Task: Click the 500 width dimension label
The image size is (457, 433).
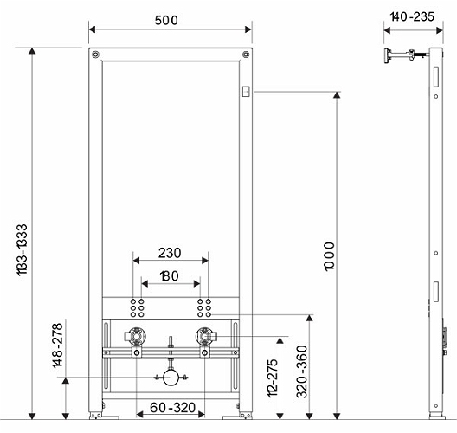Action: pyautogui.click(x=166, y=21)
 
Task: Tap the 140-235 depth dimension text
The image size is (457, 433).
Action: pyautogui.click(x=412, y=17)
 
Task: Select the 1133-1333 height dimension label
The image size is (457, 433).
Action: pyautogui.click(x=23, y=249)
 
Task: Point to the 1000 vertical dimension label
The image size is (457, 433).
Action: pyautogui.click(x=330, y=256)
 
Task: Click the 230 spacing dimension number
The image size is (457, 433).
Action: pyautogui.click(x=170, y=253)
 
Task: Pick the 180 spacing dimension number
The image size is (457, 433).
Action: pyautogui.click(x=170, y=276)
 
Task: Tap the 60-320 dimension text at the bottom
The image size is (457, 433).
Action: pyautogui.click(x=172, y=408)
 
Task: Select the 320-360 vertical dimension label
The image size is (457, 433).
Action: pyautogui.click(x=302, y=372)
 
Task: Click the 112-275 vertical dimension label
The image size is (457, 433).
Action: pyautogui.click(x=273, y=378)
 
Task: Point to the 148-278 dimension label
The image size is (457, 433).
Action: pyautogui.click(x=58, y=346)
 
